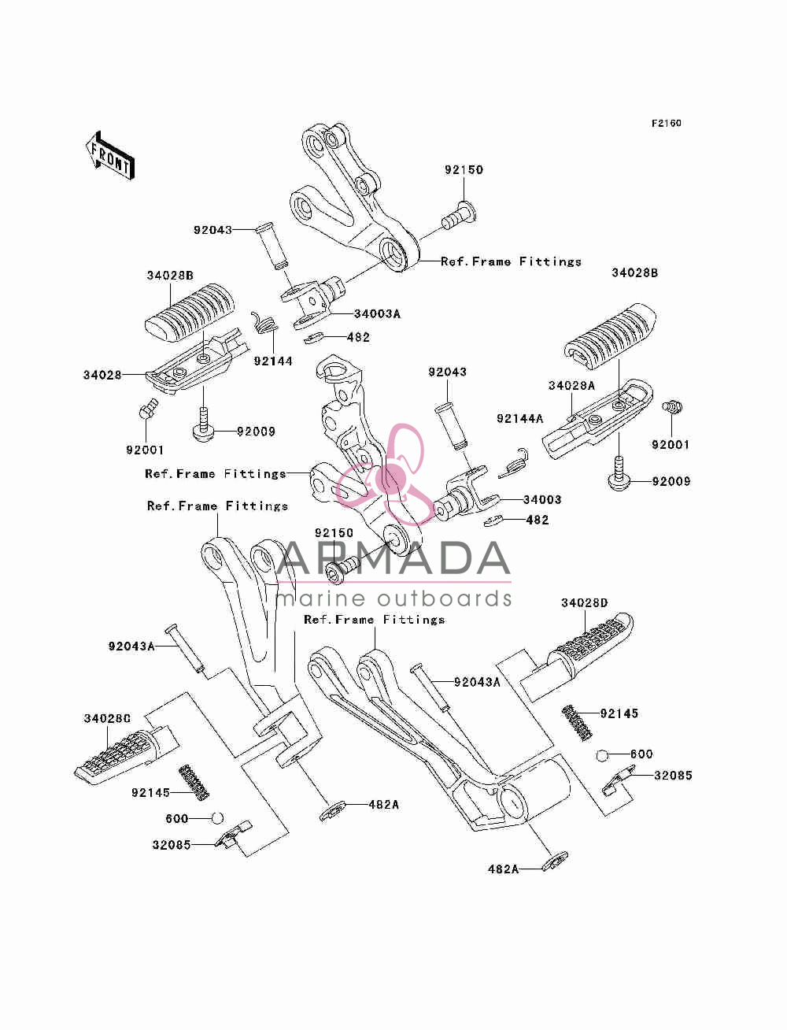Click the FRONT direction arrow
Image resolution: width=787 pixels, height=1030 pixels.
pos(110,155)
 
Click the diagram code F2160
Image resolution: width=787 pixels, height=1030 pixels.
pos(666,124)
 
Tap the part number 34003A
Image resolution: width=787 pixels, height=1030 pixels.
pos(377,314)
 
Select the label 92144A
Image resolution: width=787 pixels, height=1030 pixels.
pos(519,418)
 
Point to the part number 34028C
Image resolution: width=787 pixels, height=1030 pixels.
pos(107,718)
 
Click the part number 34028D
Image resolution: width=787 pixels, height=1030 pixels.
pos(585,602)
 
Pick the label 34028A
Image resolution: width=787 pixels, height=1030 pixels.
pos(571,385)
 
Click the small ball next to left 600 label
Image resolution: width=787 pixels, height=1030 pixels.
pos(217,818)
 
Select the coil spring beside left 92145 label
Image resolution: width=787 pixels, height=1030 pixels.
pos(194,782)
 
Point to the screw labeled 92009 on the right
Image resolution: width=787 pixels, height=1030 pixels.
pos(619,474)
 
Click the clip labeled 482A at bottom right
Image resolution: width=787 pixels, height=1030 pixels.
pos(555,861)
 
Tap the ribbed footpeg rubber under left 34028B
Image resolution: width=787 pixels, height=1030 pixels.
pos(190,313)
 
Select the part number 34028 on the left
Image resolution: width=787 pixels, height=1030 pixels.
pos(102,375)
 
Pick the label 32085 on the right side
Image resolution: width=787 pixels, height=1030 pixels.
pos(673,775)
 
